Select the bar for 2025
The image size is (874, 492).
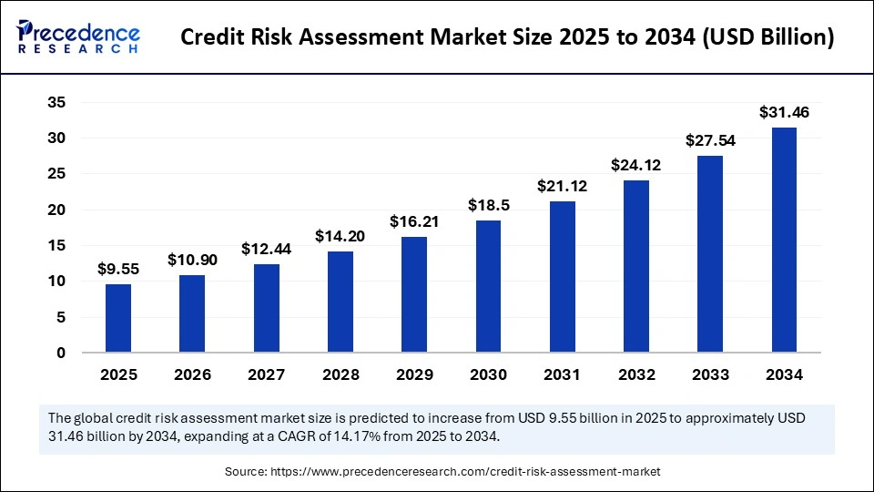click(118, 319)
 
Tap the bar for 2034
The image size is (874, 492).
click(784, 241)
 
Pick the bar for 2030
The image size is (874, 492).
click(488, 287)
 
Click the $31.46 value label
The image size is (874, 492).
click(784, 113)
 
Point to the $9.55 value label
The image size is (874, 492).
click(118, 270)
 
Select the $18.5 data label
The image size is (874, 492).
click(488, 206)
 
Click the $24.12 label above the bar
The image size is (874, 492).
click(636, 166)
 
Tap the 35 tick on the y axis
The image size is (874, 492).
click(56, 103)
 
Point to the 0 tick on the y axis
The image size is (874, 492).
click(61, 354)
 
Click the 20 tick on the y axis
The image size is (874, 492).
click(56, 210)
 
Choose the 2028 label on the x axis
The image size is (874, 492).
click(340, 374)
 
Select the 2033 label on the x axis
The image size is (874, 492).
click(710, 374)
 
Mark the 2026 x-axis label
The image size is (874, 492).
click(192, 374)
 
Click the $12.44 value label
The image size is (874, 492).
click(267, 249)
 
